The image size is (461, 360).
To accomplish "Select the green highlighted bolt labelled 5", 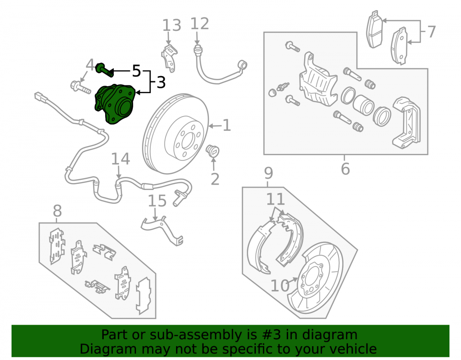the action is [x=105, y=70].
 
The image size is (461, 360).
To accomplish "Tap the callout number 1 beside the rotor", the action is [x=226, y=125].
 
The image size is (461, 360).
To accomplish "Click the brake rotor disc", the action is [x=176, y=134].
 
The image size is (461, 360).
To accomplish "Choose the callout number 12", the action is [x=200, y=24].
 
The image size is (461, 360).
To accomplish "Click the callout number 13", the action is [x=171, y=25].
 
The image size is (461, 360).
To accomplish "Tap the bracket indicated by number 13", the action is [x=169, y=58].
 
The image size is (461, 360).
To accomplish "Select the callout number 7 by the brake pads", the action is [x=431, y=32].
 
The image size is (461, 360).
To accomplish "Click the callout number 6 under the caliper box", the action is [x=345, y=169].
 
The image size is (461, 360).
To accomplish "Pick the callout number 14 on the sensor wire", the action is [x=120, y=159].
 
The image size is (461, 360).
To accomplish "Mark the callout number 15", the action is [x=157, y=201].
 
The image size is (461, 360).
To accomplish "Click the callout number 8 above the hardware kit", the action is [x=57, y=211].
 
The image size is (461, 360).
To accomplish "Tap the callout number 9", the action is [x=268, y=173].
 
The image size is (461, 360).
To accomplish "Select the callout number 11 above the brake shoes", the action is [x=276, y=199].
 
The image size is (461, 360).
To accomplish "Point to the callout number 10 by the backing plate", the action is [x=280, y=286].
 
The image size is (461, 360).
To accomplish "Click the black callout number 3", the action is [x=161, y=83].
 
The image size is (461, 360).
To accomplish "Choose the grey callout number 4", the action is [x=90, y=65].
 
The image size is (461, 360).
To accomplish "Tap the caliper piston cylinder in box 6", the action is [x=363, y=105].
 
